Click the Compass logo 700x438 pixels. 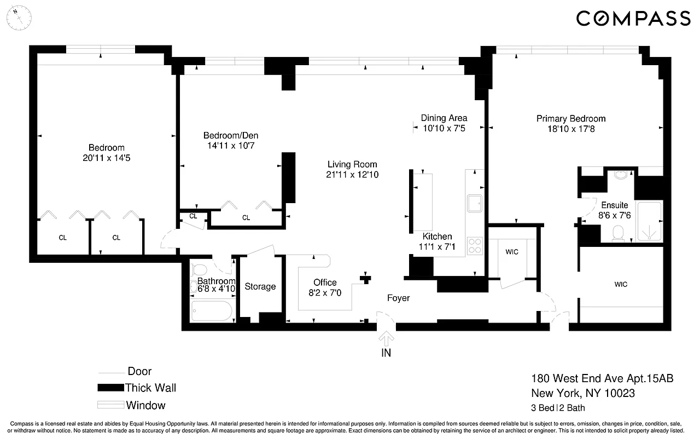[x=633, y=18]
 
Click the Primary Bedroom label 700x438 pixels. [x=570, y=119]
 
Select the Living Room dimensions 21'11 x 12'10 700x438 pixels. [x=352, y=175]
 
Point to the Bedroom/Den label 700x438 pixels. [x=230, y=136]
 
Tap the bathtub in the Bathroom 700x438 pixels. [x=212, y=310]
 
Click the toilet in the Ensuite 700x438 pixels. [x=619, y=234]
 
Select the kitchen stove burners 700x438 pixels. [x=475, y=246]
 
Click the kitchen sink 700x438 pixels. [x=474, y=203]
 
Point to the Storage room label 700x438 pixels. [x=260, y=286]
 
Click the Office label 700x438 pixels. [x=325, y=283]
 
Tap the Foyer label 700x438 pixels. [x=398, y=298]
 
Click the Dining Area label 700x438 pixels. [x=444, y=118]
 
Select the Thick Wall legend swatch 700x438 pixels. [x=110, y=388]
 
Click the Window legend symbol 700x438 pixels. [x=110, y=405]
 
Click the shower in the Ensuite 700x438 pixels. [x=650, y=222]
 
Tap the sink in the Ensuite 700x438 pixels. [x=621, y=175]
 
